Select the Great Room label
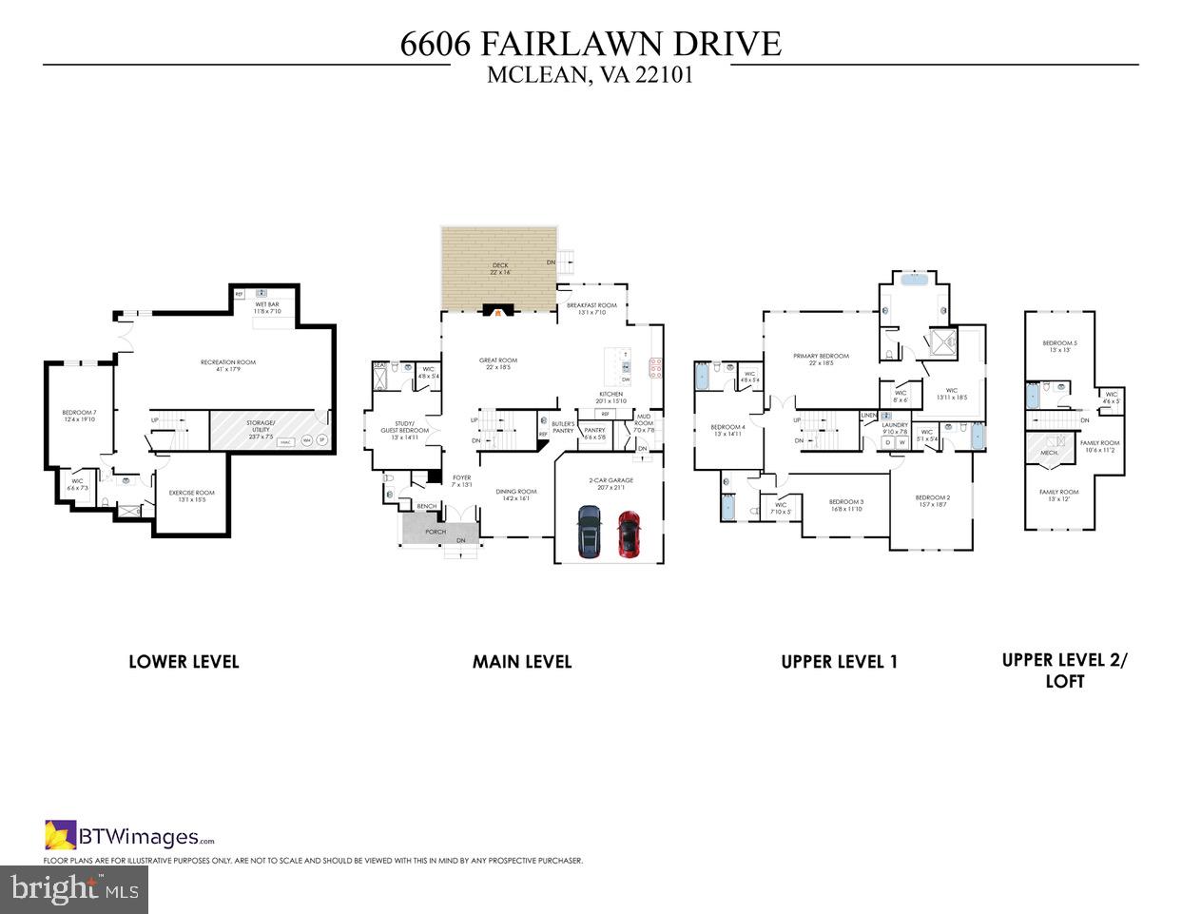coord(498,363)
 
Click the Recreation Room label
coord(227,365)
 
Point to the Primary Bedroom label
coord(822,360)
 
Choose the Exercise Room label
coord(191,496)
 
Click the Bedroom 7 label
coord(80,415)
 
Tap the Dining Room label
coord(517,495)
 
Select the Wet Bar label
coord(266,307)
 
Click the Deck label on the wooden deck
coord(500,268)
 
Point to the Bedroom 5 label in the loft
coord(1059,346)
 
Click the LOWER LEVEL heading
coord(184,662)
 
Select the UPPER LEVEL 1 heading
coord(839,662)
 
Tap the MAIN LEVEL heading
coord(522,662)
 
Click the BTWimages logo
coord(129,837)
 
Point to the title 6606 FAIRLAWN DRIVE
coord(591,44)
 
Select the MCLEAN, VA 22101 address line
coord(590,75)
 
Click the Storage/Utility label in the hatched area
coord(262,426)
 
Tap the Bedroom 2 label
coord(932,501)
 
